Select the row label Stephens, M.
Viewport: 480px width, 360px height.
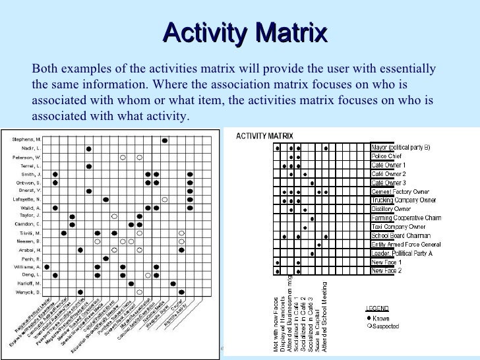tap(26, 140)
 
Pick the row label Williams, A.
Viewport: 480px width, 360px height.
tap(27, 266)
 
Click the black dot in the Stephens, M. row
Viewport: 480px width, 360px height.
tap(164, 140)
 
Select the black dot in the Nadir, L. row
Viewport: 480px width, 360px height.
tap(88, 148)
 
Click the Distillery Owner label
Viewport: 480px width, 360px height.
tap(391, 209)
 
